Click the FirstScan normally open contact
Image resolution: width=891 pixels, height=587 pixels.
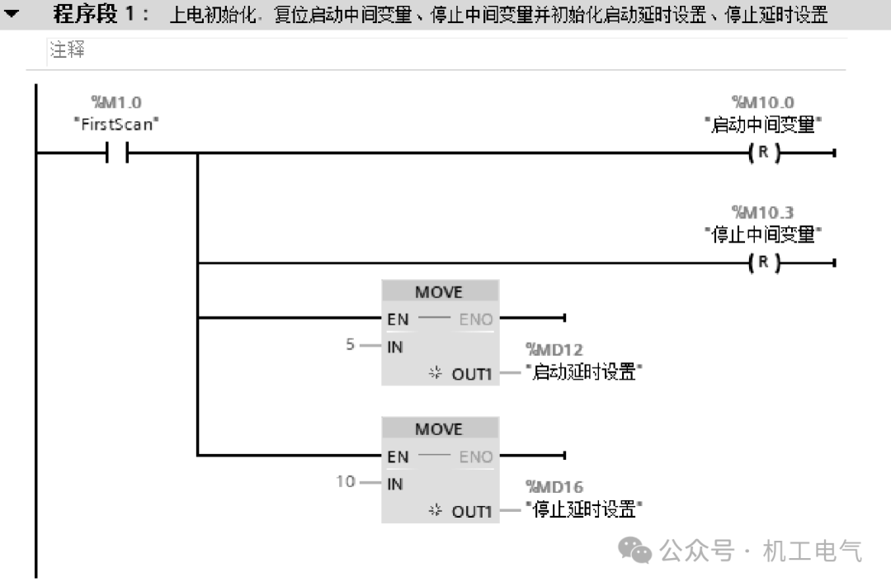click(116, 153)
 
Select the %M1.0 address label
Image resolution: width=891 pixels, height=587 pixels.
click(116, 103)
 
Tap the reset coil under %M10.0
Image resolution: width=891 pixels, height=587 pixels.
click(764, 153)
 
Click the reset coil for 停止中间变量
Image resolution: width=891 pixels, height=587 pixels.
click(764, 263)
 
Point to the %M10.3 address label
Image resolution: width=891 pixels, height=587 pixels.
click(763, 213)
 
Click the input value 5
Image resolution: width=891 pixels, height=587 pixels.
click(351, 345)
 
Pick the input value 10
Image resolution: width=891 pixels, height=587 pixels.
click(346, 480)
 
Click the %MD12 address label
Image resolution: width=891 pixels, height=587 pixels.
click(554, 350)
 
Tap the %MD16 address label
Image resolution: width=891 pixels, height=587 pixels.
click(554, 487)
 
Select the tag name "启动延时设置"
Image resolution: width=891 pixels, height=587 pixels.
click(584, 372)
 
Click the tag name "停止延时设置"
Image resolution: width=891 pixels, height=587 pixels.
click(584, 509)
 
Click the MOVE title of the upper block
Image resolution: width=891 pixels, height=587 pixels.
click(439, 291)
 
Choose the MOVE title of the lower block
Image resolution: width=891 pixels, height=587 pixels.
click(439, 429)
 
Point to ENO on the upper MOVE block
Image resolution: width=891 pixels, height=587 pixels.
click(476, 319)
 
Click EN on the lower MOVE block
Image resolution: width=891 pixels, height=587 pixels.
click(398, 456)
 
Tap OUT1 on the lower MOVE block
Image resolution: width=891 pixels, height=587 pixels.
click(471, 512)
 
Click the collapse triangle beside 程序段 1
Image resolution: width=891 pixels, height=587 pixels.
click(12, 14)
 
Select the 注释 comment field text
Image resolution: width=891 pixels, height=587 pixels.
click(68, 51)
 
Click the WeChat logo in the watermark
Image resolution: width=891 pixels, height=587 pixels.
click(635, 550)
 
